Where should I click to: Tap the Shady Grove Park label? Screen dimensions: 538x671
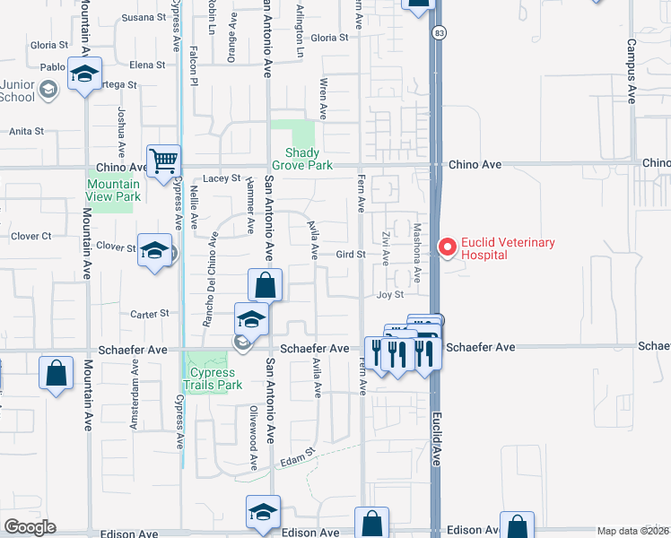click(302, 159)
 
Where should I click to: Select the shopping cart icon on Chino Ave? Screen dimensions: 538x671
click(164, 162)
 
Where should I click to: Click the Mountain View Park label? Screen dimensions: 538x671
click(113, 190)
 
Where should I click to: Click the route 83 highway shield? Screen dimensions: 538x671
click(437, 33)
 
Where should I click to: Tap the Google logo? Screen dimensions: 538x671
click(30, 527)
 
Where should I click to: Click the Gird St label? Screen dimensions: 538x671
click(349, 254)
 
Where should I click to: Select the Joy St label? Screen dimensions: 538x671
click(390, 294)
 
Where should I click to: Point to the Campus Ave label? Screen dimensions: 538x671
click(631, 71)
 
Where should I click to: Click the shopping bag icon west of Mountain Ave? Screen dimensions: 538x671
click(56, 373)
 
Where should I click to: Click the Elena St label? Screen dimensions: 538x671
click(147, 65)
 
